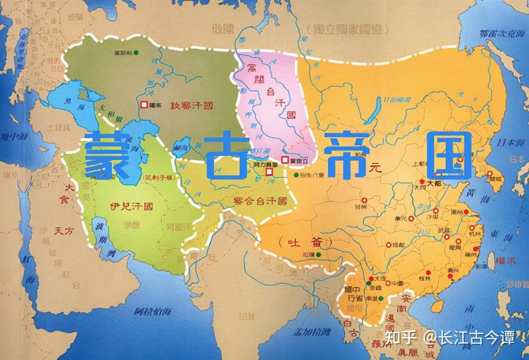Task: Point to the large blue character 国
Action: [x=449, y=155]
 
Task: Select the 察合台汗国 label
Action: [x=260, y=201]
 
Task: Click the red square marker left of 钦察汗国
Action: [x=144, y=105]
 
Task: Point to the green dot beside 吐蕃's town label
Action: [x=319, y=255]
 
